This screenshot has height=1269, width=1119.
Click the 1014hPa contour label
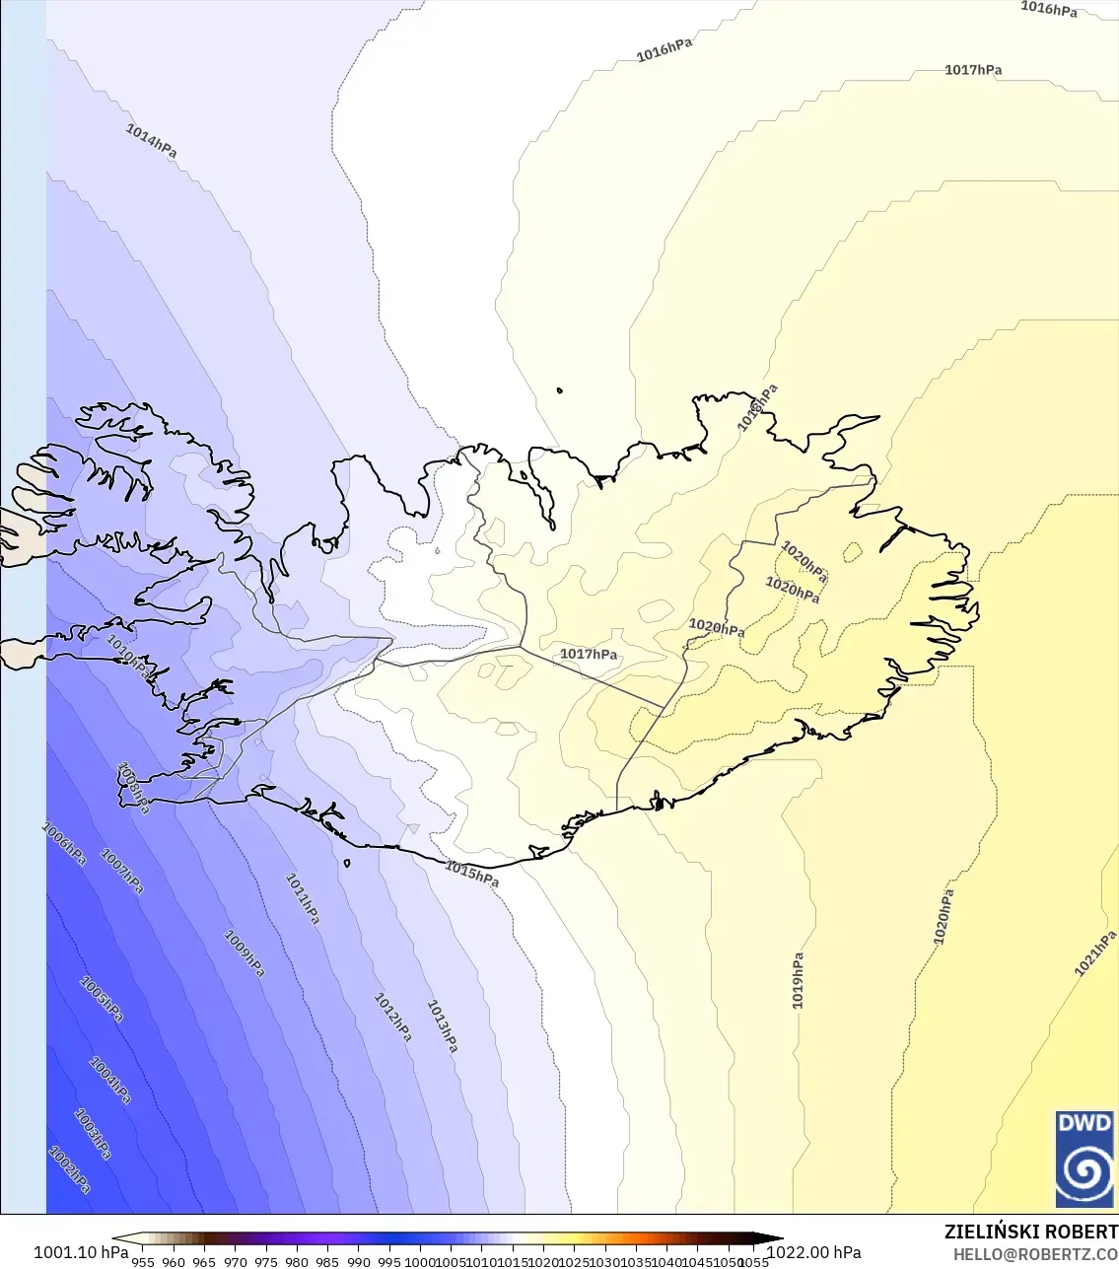pyautogui.click(x=151, y=141)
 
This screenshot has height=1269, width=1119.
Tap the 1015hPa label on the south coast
pyautogui.click(x=471, y=873)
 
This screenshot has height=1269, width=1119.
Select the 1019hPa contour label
pyautogui.click(x=798, y=980)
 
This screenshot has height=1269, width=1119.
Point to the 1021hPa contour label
pyautogui.click(x=1095, y=953)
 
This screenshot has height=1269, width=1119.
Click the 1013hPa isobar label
pyautogui.click(x=442, y=1025)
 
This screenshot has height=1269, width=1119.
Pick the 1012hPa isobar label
pyautogui.click(x=392, y=1018)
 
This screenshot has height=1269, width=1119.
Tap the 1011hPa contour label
pyautogui.click(x=303, y=898)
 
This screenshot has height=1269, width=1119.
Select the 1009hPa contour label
pyautogui.click(x=245, y=953)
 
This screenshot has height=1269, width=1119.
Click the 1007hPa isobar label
pyautogui.click(x=122, y=873)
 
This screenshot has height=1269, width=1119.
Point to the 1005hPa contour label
pyautogui.click(x=102, y=999)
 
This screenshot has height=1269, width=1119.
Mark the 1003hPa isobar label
pyautogui.click(x=93, y=1134)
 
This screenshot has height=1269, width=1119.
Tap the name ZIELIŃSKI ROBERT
pyautogui.click(x=1030, y=1232)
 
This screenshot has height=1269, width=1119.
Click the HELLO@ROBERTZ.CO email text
pyautogui.click(x=1035, y=1255)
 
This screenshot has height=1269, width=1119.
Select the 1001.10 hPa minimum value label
pyautogui.click(x=81, y=1252)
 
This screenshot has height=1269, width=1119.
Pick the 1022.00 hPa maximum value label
pyautogui.click(x=813, y=1252)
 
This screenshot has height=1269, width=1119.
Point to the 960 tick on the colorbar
pyautogui.click(x=174, y=1261)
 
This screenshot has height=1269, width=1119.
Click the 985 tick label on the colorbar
pyautogui.click(x=327, y=1261)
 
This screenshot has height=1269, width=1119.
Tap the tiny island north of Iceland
pyautogui.click(x=560, y=390)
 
